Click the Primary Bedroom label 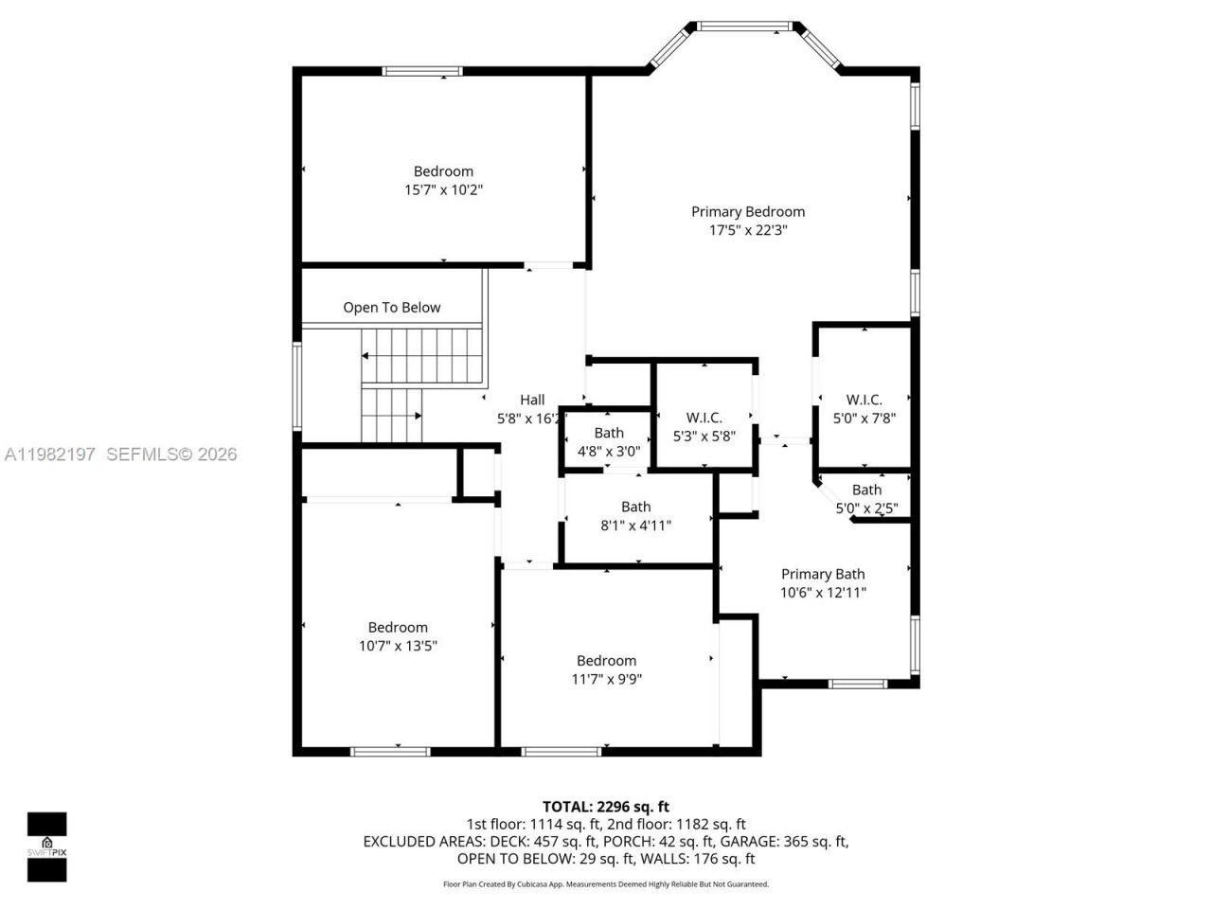[x=747, y=212]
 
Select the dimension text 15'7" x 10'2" [x=443, y=189]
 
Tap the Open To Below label [x=391, y=308]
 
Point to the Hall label [x=532, y=400]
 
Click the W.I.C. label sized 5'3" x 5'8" [x=704, y=418]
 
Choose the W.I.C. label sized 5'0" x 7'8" [x=864, y=400]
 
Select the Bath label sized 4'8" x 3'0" [x=609, y=433]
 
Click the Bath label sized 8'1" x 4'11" [x=635, y=507]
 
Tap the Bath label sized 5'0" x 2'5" [x=866, y=490]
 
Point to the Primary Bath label [x=822, y=574]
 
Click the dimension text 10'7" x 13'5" [x=398, y=646]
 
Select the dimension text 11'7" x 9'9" [x=606, y=679]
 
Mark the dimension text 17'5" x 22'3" [x=747, y=230]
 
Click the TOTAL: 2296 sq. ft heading [x=605, y=807]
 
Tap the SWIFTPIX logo [x=46, y=847]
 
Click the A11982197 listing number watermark [x=50, y=454]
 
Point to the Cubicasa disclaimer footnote [x=605, y=884]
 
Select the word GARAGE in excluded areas [x=747, y=841]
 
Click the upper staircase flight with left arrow [x=422, y=356]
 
